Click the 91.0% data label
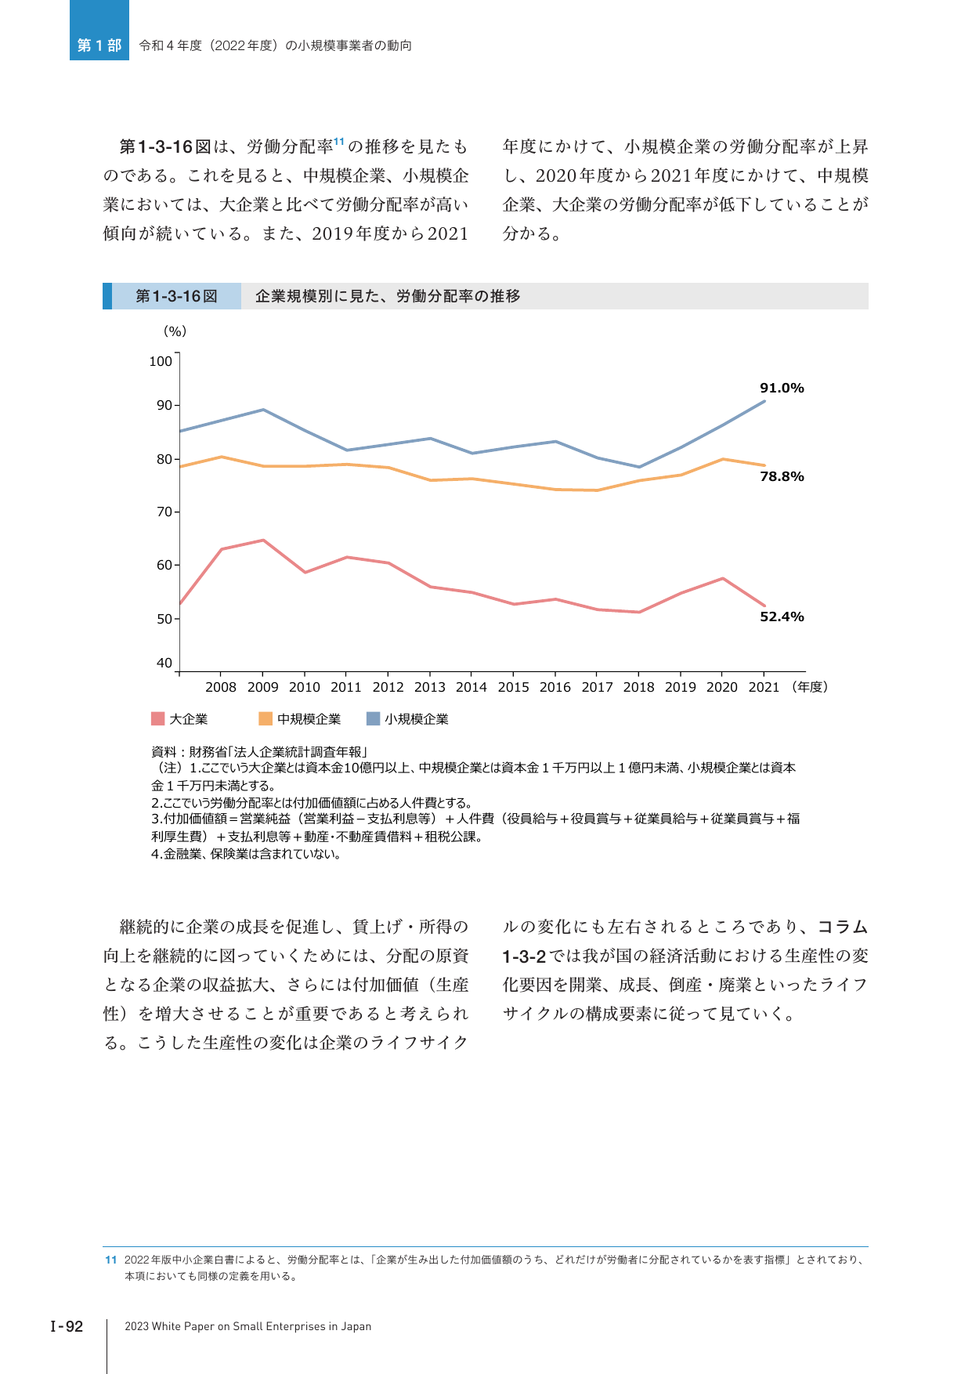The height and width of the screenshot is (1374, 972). [x=782, y=388]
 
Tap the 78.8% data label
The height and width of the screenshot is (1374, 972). [x=782, y=476]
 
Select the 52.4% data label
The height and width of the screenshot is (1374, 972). [x=782, y=616]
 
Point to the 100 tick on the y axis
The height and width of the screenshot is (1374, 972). [x=161, y=361]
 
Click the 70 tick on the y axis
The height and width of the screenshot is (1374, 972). [x=164, y=512]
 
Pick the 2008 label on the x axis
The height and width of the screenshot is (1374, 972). [x=221, y=687]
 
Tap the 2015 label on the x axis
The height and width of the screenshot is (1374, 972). [x=513, y=687]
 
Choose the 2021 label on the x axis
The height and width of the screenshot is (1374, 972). [x=764, y=687]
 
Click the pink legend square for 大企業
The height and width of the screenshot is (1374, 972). [x=157, y=719]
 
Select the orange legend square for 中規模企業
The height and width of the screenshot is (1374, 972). [x=266, y=719]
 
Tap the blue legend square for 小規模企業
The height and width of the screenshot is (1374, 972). [x=373, y=719]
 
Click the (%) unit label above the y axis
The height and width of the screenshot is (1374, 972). [x=175, y=331]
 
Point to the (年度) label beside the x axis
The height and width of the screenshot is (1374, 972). [x=810, y=687]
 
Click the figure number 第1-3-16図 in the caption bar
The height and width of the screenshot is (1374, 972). [x=176, y=296]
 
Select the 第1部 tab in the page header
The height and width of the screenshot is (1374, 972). [x=99, y=45]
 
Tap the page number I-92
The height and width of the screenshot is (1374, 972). [x=67, y=1326]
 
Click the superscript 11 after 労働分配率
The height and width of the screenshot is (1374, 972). [x=339, y=142]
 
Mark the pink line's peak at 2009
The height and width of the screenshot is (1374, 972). [x=263, y=541]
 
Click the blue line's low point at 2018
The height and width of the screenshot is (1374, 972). [x=639, y=467]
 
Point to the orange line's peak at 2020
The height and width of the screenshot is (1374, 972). [x=722, y=459]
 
